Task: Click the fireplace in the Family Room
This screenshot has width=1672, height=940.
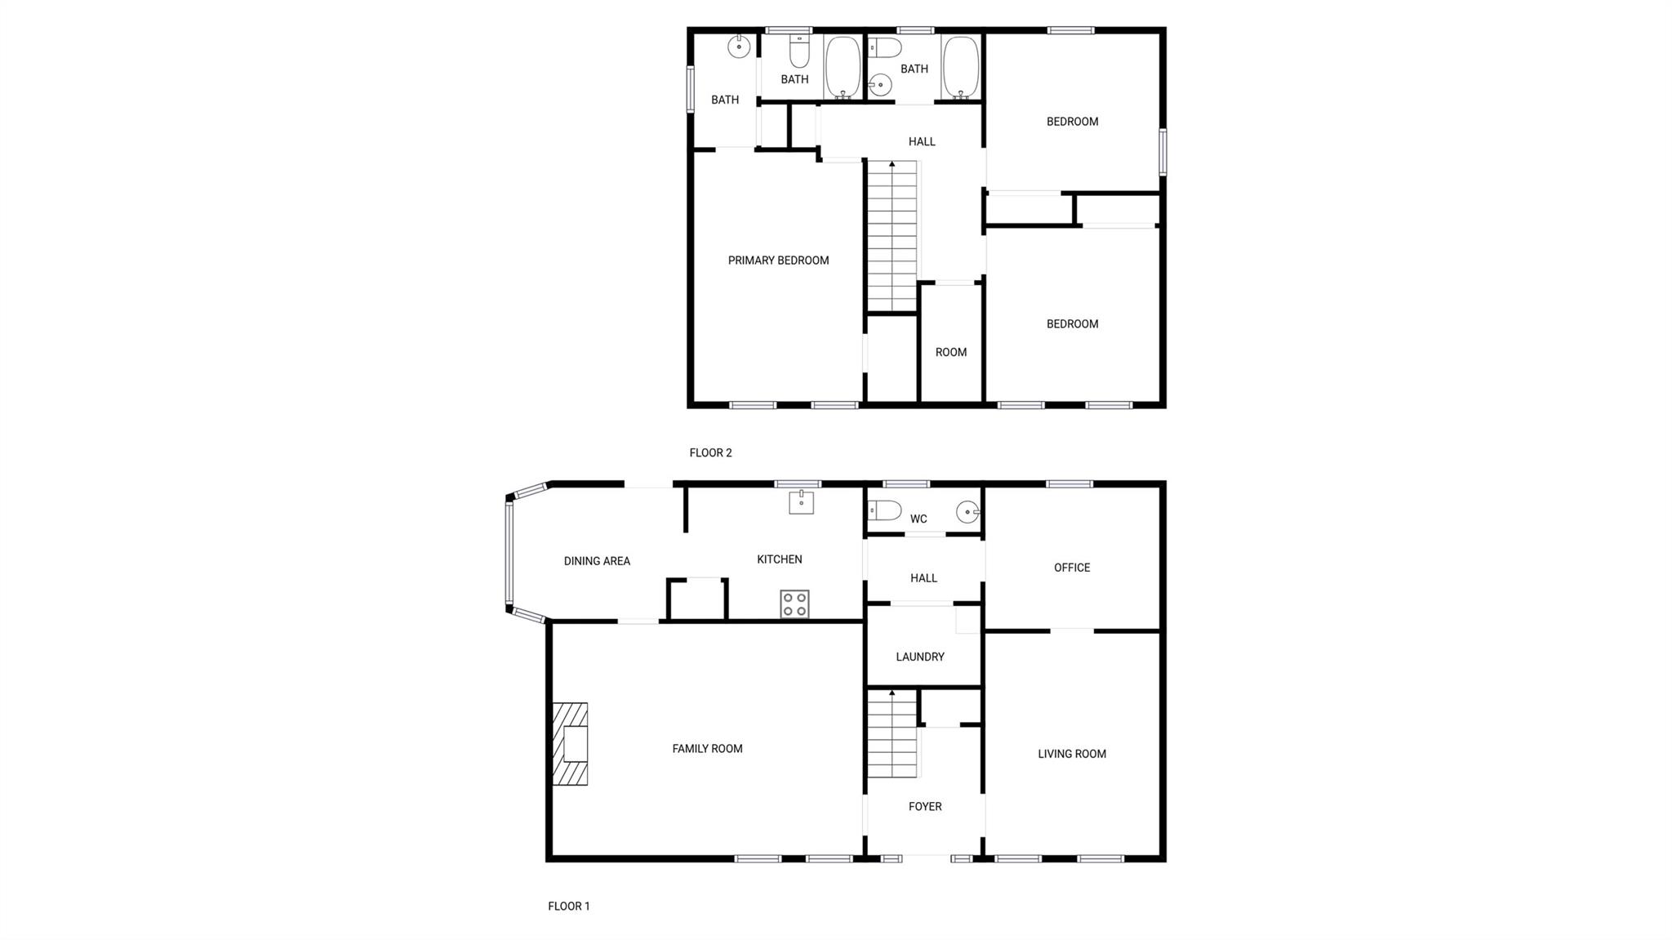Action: point(571,744)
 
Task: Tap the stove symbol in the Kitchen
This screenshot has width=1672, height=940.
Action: point(794,604)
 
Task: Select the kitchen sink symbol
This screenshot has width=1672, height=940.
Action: point(801,501)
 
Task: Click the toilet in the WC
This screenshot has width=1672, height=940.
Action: point(885,510)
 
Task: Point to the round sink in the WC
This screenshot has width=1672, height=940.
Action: point(967,513)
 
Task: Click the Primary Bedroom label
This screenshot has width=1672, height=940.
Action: point(778,261)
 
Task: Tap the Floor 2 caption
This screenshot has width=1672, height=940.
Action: point(710,452)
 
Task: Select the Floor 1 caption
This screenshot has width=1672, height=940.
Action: point(568,906)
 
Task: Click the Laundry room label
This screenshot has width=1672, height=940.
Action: point(920,657)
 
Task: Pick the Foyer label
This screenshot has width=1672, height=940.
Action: point(925,806)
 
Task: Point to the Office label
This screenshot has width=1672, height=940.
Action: point(1072,568)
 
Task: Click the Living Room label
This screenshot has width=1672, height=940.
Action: point(1072,754)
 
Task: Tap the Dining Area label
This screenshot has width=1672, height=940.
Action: point(597,561)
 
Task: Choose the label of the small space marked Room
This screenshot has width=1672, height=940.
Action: point(951,352)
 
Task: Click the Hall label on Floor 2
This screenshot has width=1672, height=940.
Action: point(922,141)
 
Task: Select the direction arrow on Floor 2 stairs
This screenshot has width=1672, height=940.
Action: point(892,165)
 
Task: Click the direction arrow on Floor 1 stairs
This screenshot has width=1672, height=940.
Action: point(892,693)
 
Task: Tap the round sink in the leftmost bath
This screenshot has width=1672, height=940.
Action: point(739,47)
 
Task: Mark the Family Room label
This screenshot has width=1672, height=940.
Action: point(707,748)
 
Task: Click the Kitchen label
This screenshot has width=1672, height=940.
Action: point(780,559)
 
